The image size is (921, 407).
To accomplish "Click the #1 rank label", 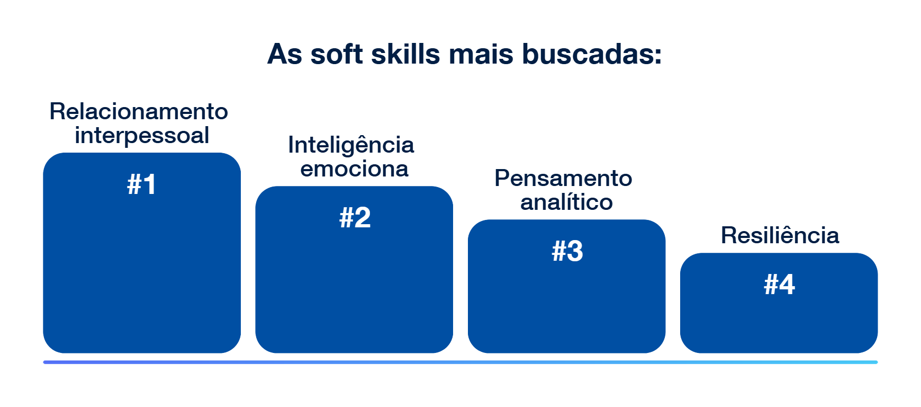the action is coord(142,184).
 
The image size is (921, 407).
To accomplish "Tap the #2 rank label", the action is coord(355,218).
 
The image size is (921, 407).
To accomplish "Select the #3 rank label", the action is coord(567,251).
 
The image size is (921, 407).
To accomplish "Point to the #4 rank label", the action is coord(779,285).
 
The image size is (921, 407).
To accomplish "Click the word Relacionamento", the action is coord(139,112).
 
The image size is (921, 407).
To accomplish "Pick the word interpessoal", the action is coord(142,136).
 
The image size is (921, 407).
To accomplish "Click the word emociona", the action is coord(355,169).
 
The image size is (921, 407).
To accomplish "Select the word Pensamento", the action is coord(563,179).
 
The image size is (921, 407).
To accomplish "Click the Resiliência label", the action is coord(780,235).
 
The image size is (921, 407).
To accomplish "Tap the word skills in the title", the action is coord(405,54).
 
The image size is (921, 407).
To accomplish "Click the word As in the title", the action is coord(285,54).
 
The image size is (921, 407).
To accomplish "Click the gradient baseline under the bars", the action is coord(460,362).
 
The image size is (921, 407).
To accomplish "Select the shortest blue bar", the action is coord(779,303).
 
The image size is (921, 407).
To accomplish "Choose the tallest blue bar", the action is coord(142,253).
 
